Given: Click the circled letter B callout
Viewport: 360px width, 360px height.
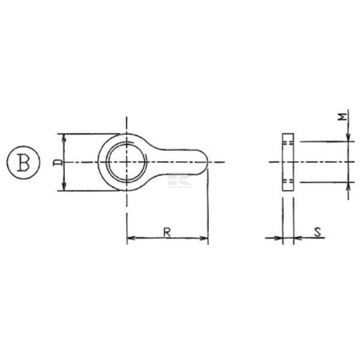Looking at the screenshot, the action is [x=23, y=162].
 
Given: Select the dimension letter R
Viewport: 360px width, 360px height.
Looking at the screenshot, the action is [x=167, y=233].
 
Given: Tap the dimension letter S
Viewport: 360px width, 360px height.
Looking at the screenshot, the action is [x=318, y=232].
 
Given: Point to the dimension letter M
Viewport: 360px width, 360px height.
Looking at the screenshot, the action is [x=343, y=117].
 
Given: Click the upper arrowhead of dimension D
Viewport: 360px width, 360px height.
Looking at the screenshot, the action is [x=64, y=138].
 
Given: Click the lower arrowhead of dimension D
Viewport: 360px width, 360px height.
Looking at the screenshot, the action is [x=64, y=186].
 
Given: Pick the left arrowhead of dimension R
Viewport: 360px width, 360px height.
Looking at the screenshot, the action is [x=131, y=238].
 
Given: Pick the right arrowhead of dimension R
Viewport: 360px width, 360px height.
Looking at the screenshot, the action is [x=204, y=238].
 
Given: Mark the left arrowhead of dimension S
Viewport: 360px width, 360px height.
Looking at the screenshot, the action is [x=279, y=238].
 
